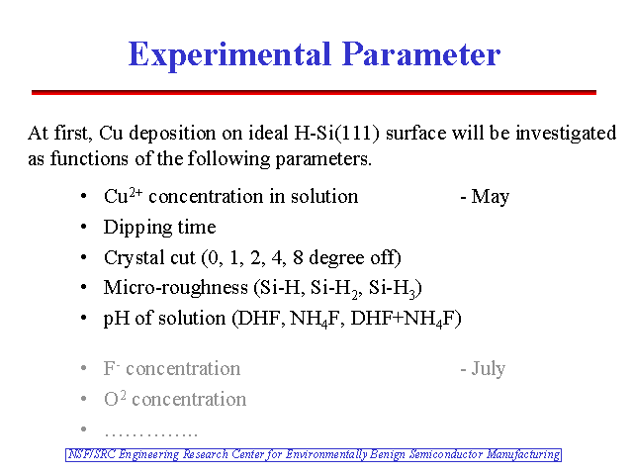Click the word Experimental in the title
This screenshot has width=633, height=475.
tap(230, 55)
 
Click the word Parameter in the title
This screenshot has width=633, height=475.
tap(421, 54)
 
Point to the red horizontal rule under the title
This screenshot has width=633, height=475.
tap(314, 92)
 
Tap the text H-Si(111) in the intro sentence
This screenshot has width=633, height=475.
tap(337, 133)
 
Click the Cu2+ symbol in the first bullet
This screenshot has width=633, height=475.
tap(123, 196)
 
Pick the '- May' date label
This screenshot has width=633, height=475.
tap(485, 197)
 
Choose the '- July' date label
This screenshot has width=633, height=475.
tap(483, 369)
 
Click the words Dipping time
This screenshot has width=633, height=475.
tap(160, 228)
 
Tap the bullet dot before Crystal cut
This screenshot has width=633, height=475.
tap(83, 257)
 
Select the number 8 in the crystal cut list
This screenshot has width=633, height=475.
tap(298, 257)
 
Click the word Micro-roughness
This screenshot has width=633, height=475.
tap(176, 288)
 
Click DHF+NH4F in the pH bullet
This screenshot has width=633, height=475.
tap(406, 319)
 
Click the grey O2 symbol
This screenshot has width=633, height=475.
tap(115, 398)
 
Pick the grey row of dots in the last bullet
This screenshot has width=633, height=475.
tap(151, 434)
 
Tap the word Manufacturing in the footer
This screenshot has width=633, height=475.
tap(523, 455)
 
